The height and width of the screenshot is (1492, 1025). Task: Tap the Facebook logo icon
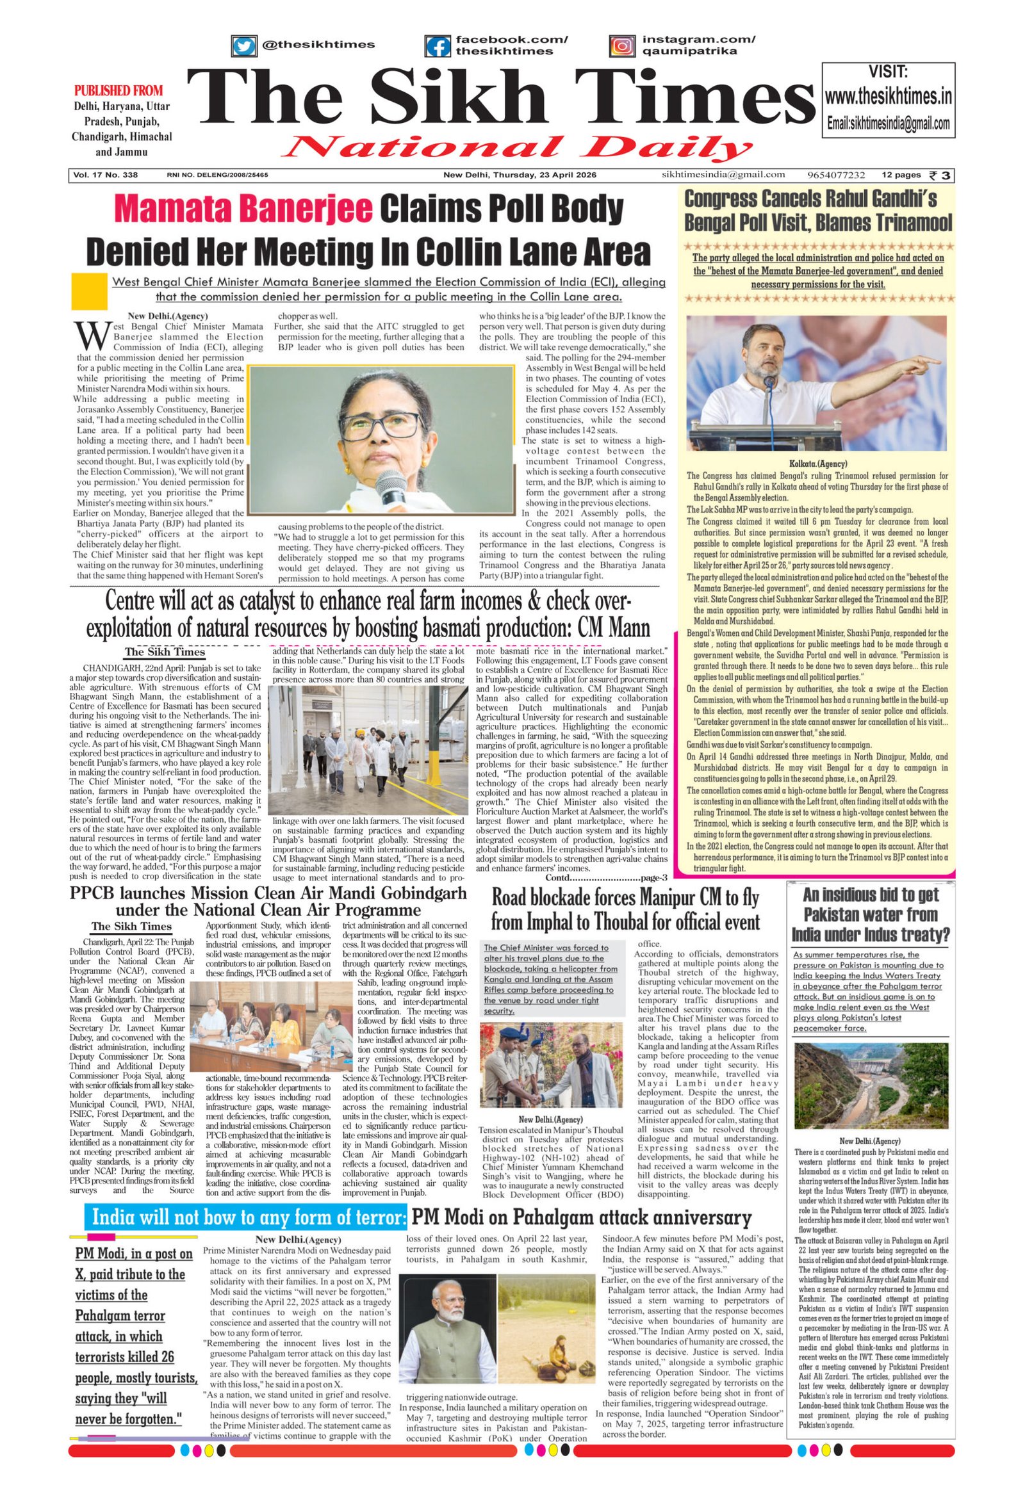[x=438, y=47]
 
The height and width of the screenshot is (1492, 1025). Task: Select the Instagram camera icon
[x=621, y=47]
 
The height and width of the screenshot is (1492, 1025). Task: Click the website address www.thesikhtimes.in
[x=888, y=97]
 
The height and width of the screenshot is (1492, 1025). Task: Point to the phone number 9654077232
[x=836, y=175]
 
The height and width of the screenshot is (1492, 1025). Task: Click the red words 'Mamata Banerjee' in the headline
[x=245, y=209]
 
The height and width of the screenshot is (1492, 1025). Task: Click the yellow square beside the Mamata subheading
[x=89, y=291]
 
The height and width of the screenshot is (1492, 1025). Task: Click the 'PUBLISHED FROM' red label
[x=119, y=90]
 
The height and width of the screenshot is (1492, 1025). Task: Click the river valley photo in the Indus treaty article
[x=871, y=1085]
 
